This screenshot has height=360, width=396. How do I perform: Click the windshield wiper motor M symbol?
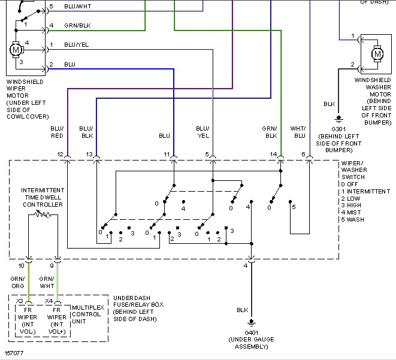coord(16,49)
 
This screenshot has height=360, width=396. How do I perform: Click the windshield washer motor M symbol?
coord(377,53)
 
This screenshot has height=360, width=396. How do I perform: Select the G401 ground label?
coord(251,332)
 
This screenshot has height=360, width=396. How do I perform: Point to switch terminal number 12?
coord(60,155)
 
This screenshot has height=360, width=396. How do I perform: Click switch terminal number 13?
coord(89,155)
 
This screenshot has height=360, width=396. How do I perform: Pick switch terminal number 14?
coord(273,155)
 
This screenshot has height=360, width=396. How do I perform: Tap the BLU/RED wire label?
coord(58,132)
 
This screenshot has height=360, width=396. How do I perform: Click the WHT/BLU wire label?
coord(298,132)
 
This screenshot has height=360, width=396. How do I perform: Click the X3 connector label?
coord(20,301)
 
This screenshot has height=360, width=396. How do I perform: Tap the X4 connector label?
coord(49,301)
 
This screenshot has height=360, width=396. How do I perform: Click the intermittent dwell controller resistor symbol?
coord(43,214)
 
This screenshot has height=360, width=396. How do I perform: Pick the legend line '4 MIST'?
coord(353,212)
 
